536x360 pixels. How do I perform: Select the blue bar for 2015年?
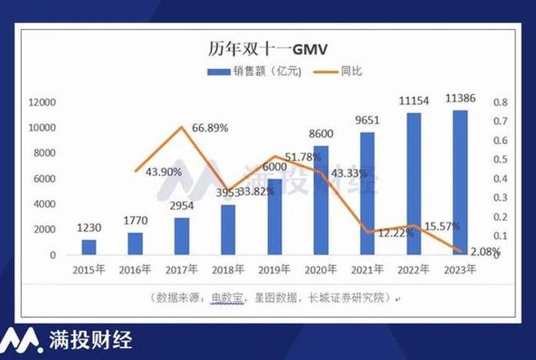90,247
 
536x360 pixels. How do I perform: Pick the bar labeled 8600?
321,201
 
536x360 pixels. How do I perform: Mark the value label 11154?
413,102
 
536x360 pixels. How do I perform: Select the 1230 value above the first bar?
90,227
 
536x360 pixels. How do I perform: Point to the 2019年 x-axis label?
274,270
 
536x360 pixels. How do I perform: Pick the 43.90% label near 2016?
162,172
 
